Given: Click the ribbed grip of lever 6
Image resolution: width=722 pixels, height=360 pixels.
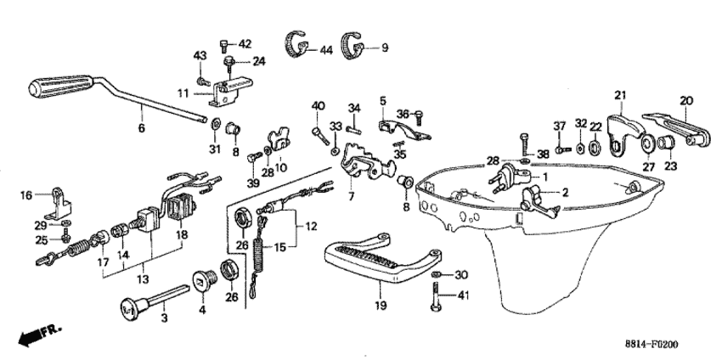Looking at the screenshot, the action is coord(61,86).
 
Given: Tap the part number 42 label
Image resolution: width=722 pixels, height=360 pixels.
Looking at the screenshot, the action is coord(245,44).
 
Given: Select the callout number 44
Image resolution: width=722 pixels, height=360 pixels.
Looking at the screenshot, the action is coord(326,50).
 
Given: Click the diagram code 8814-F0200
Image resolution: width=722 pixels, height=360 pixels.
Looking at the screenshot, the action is coord(651,345).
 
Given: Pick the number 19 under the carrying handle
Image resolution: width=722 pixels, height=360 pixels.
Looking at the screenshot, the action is coord(381,305).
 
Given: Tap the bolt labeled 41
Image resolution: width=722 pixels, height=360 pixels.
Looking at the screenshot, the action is coord(436,297).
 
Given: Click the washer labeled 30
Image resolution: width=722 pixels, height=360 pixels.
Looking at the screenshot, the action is coord(437,275).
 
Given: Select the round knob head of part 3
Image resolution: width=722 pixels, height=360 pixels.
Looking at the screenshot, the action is coord(130,307).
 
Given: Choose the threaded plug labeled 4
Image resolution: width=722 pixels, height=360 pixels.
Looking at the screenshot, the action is coord(202,280).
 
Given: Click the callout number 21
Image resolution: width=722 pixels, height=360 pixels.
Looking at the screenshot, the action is coord(620,96).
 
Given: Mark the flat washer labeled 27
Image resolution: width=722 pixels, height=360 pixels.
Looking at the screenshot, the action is coord(648,144).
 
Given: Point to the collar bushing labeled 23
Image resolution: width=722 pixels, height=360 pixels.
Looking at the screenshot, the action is coord(666,143).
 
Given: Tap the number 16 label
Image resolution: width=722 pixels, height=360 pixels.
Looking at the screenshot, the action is coord(26,195).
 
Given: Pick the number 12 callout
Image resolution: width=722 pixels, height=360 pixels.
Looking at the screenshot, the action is coord(311,226).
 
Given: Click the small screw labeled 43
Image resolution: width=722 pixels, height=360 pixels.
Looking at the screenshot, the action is coord(201,82).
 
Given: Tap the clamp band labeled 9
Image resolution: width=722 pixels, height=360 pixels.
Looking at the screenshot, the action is coord(353,45).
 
